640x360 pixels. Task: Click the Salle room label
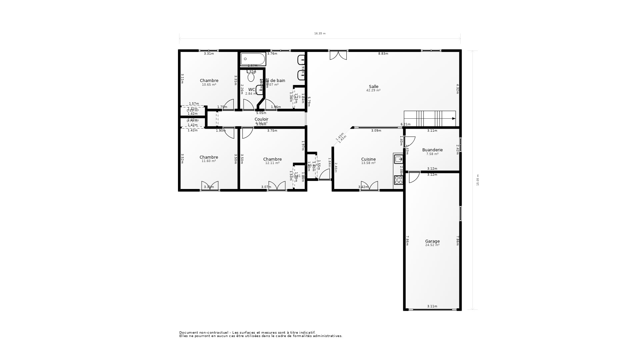coord(373,87)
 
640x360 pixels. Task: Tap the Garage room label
coord(432,241)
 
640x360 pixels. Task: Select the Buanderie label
coord(432,150)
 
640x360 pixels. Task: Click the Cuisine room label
coord(368,159)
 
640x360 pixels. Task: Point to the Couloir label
coord(261,119)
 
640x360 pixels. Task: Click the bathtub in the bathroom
coord(253,59)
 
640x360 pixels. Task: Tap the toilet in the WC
coord(251,77)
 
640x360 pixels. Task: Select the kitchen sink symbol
coord(398,159)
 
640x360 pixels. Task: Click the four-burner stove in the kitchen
coord(398,180)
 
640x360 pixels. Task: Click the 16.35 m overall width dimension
coord(320,34)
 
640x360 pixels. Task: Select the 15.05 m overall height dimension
coord(478,180)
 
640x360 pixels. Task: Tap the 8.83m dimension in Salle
coord(383,54)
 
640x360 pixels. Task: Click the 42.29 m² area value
coord(373,90)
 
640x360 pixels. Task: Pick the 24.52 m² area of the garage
coord(432,245)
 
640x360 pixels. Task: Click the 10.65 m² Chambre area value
coord(209,85)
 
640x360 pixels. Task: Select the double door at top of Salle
coord(338,55)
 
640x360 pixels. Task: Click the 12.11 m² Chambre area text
coord(272,163)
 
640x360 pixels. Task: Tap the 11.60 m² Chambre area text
coord(209,161)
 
